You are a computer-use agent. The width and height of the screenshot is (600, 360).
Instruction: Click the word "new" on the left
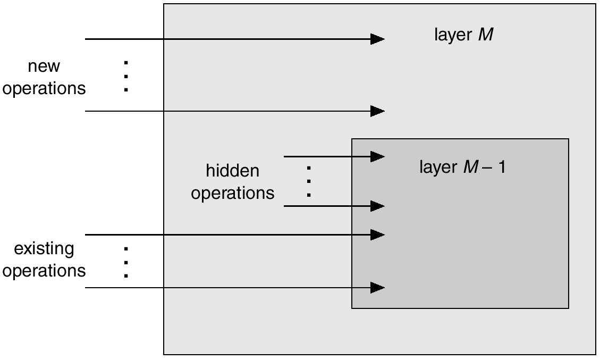pyautogui.click(x=44, y=66)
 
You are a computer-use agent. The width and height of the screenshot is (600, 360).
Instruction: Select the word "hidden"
pyautogui.click(x=232, y=171)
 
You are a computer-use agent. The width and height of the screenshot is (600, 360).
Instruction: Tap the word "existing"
pyautogui.click(x=44, y=248)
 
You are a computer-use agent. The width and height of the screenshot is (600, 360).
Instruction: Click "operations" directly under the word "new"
pyautogui.click(x=44, y=88)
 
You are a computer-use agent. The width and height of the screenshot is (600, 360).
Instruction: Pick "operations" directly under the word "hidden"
pyautogui.click(x=232, y=193)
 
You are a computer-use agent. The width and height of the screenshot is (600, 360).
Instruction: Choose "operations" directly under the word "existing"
pyautogui.click(x=44, y=271)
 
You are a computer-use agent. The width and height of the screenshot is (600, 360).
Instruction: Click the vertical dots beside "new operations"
pyautogui.click(x=126, y=77)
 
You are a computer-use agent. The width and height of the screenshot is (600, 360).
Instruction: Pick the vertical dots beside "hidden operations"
pyautogui.click(x=308, y=182)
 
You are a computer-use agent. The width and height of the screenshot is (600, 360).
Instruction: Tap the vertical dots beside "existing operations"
pyautogui.click(x=126, y=262)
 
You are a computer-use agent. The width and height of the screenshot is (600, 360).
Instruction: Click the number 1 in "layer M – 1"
pyautogui.click(x=501, y=168)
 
